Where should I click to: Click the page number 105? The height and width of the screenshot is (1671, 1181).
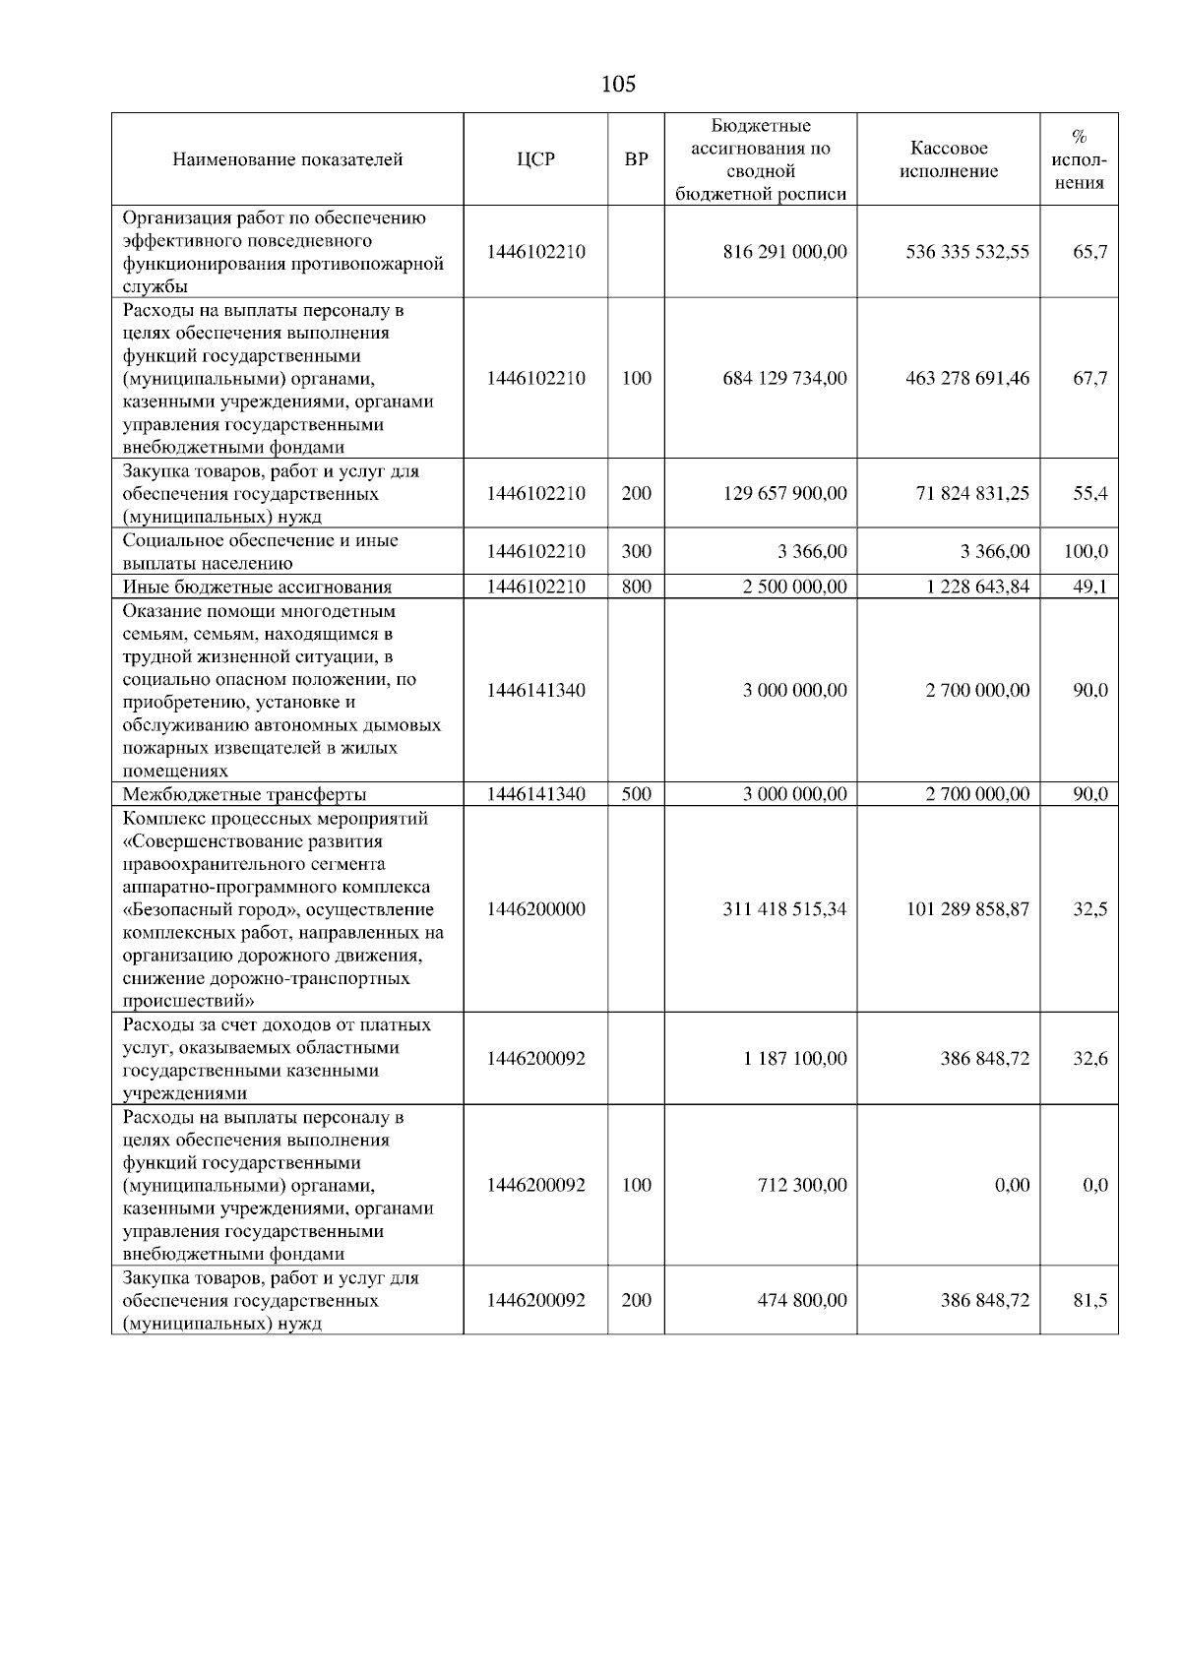coord(618,85)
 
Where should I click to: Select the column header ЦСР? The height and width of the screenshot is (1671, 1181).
coord(535,159)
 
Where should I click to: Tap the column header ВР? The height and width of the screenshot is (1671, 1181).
coord(637,159)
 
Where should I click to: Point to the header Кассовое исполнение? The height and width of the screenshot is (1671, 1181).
coord(949,159)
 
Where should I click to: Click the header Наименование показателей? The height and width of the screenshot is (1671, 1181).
coord(287,159)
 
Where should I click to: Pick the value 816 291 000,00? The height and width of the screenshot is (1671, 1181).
coord(784,252)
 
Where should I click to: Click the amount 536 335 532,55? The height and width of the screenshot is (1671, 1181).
coord(967,252)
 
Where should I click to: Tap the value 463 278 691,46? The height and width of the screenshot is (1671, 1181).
coord(967,379)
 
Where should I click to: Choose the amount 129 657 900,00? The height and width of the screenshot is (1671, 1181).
coord(784,494)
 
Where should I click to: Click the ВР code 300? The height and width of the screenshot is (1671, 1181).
coord(637,552)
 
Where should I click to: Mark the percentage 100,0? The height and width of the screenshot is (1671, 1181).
coord(1086,552)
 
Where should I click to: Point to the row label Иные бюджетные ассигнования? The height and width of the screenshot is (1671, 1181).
coord(257,588)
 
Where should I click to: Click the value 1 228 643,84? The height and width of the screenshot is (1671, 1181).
coord(977,588)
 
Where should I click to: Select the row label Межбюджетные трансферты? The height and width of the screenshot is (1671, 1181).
coord(245,795)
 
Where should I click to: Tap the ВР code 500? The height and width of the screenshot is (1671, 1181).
coord(637,795)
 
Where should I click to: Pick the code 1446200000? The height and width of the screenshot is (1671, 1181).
coord(535,910)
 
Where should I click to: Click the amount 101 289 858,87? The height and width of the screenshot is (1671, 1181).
coord(967,910)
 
